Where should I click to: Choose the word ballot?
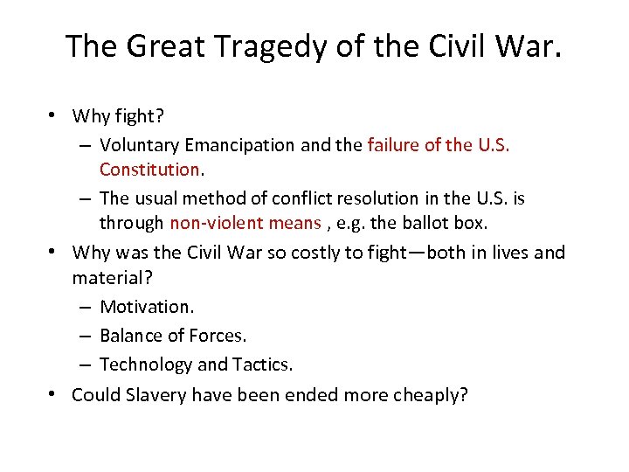pos(425,223)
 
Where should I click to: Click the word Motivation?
pos(147,307)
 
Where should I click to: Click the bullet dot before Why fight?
pos(54,115)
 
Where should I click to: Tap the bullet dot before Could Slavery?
pos(54,394)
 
